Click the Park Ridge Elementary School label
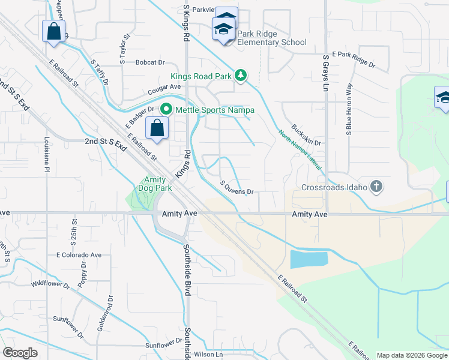click(271, 38)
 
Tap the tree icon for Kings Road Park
click(241, 75)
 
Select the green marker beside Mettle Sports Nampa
click(166, 110)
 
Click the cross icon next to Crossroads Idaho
click(376, 187)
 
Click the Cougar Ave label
click(164, 88)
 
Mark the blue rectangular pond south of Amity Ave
click(309, 259)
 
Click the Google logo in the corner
click(20, 353)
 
